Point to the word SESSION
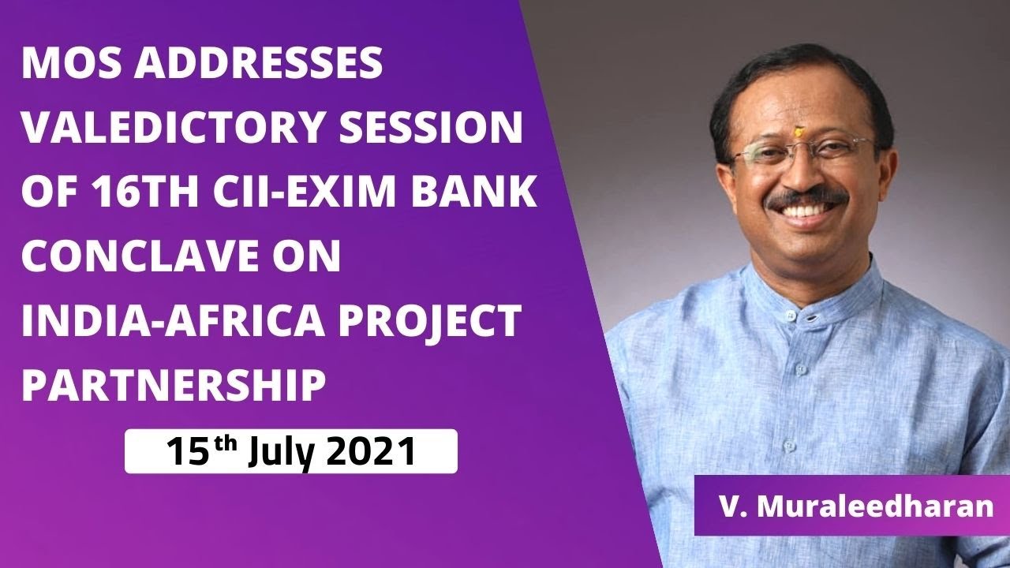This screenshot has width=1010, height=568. tap(445, 129)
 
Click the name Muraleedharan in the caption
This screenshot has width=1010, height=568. tap(875, 506)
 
